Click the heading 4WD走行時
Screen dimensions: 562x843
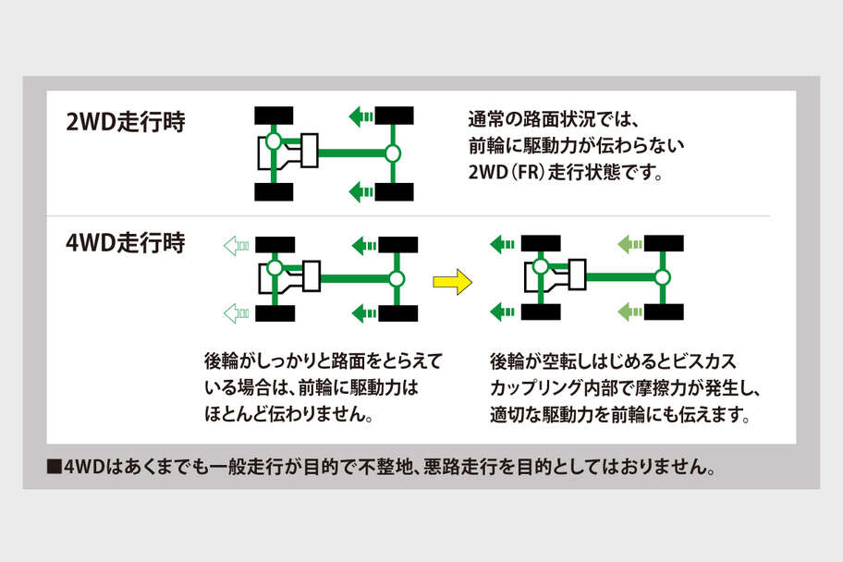point(126,245)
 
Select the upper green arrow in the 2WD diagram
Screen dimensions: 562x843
point(360,116)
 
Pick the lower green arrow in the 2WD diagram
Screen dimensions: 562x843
point(360,191)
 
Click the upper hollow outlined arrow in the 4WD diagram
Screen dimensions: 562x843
point(236,245)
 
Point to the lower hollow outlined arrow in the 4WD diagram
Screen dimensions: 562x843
point(236,313)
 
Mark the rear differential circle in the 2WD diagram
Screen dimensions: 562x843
point(392,153)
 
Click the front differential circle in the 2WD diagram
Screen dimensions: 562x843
point(273,142)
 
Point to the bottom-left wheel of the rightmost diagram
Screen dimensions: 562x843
point(540,312)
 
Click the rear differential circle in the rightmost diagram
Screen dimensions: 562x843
point(662,277)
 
